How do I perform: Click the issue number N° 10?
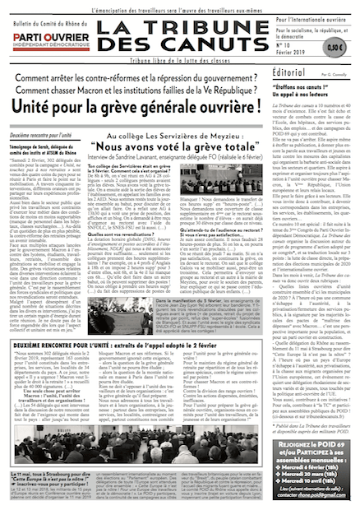pyautogui.click(x=289, y=46)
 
